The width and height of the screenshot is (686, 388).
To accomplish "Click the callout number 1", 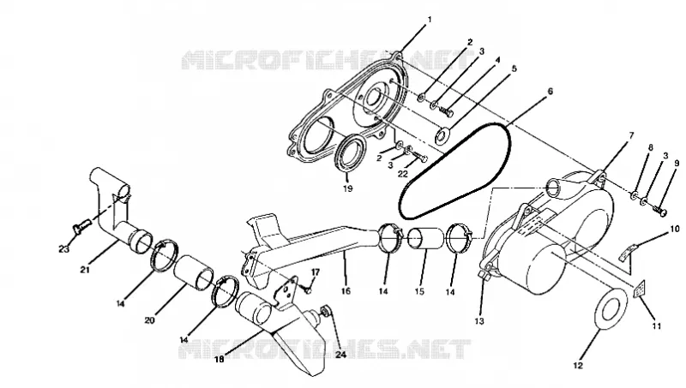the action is click(430, 20).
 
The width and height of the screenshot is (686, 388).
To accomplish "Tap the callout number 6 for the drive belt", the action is click(550, 92).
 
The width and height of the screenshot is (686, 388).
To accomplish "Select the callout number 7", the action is click(631, 136).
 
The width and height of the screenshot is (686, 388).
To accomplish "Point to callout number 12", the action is click(578, 365).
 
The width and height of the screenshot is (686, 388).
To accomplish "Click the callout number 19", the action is click(348, 188).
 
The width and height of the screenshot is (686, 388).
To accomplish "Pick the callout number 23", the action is click(63, 249).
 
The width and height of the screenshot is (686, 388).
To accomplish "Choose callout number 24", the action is click(340, 355).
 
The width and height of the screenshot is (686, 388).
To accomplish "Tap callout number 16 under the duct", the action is click(346, 291).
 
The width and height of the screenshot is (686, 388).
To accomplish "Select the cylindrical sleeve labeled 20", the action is click(194, 273).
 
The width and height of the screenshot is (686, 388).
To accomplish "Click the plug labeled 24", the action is click(326, 311).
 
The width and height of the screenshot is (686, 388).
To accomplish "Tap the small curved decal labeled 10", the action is click(629, 252).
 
